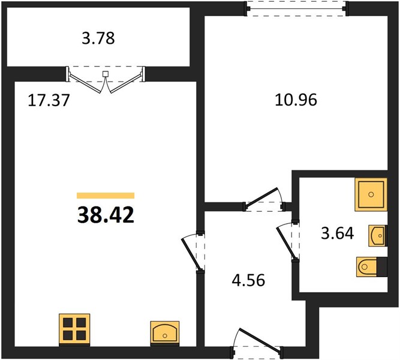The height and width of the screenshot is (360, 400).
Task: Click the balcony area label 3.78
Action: point(98,38)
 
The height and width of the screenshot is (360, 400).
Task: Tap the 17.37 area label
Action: point(49,100)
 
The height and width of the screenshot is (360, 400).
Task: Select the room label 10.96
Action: point(296,100)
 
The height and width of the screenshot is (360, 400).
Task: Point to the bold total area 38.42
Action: point(106,215)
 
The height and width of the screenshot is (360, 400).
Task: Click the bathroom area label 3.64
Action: point(338,233)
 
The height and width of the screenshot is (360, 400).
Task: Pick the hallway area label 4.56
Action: point(248,280)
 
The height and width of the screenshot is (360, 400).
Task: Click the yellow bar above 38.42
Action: point(106,196)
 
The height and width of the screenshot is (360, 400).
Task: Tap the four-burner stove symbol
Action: point(74,329)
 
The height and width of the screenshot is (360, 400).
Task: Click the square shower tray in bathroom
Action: point(371,194)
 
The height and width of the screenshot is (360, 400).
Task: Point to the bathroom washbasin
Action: point(377,236)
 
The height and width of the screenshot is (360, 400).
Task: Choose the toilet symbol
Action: point(366,267)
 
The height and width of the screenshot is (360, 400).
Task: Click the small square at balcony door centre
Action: point(106,74)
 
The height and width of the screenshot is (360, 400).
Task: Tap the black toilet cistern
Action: point(382,267)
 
